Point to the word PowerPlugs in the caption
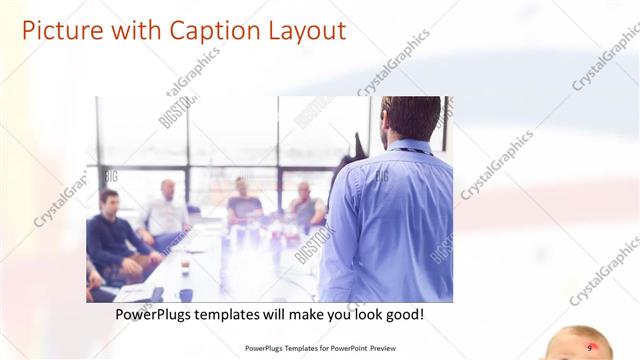pyautogui.click(x=153, y=314)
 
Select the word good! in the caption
pyautogui.click(x=402, y=314)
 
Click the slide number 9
pyautogui.click(x=589, y=348)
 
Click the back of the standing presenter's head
pyautogui.click(x=411, y=118)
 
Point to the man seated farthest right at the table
pyautogui.click(x=306, y=205)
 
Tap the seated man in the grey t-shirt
pyautogui.click(x=243, y=202)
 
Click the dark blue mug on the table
pyautogui.click(x=186, y=295)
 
